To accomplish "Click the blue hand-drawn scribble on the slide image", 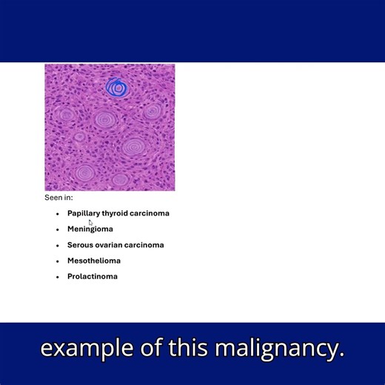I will point(116,88).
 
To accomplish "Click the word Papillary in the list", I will point(84,213).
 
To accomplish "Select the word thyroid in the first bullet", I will point(115,213).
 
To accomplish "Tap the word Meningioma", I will point(90,229).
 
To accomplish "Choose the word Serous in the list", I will point(80,245).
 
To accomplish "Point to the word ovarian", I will point(109,245).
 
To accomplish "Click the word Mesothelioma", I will point(94,261).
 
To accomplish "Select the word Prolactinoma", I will point(93,276).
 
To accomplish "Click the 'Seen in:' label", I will point(58,198).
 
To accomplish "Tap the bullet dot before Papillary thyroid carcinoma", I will point(58,214).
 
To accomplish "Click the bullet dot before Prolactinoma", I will point(58,277).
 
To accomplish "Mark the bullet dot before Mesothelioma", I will point(58,261).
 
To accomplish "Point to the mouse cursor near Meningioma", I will point(91,222).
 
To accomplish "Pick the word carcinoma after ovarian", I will point(144,245).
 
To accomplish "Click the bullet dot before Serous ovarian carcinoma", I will point(58,245).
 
